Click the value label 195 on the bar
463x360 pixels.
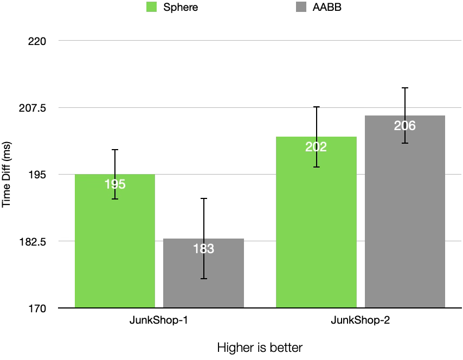115,184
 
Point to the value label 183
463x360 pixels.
204,249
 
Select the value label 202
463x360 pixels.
316,147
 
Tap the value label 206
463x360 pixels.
405,126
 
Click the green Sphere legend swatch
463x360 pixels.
151,8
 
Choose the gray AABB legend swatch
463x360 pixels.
300,8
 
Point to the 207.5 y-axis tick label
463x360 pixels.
34,108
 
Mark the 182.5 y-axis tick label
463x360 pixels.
34,241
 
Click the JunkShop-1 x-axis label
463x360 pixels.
159,320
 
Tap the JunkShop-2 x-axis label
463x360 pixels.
361,320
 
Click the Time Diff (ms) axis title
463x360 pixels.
7,174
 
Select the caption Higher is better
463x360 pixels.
260,347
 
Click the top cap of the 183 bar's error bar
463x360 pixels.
204,198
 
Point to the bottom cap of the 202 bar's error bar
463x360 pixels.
316,167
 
